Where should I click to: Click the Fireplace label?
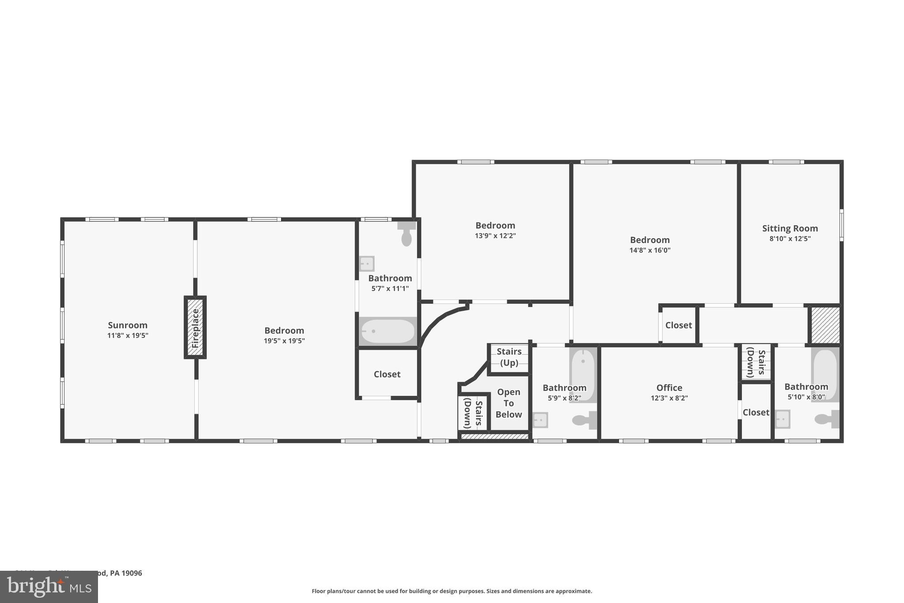[196, 328]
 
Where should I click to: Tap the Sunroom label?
[128, 325]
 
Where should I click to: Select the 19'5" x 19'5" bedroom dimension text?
[284, 341]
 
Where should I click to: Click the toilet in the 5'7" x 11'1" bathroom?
[407, 235]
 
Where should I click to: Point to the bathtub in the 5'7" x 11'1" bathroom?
[388, 331]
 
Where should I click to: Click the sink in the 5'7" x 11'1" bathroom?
[366, 264]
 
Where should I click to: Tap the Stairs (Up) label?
[509, 357]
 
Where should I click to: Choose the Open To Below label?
[508, 403]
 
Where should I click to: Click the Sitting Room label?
[790, 228]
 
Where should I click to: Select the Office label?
[669, 387]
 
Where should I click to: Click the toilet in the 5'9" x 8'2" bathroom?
[584, 420]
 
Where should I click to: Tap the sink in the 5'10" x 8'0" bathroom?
[782, 419]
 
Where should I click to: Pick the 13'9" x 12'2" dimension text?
[495, 236]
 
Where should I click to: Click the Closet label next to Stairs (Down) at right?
[756, 412]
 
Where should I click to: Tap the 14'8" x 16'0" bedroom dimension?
[650, 250]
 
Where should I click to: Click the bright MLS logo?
[49, 587]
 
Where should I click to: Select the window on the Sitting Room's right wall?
[841, 225]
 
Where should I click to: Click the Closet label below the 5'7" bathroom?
[387, 374]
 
